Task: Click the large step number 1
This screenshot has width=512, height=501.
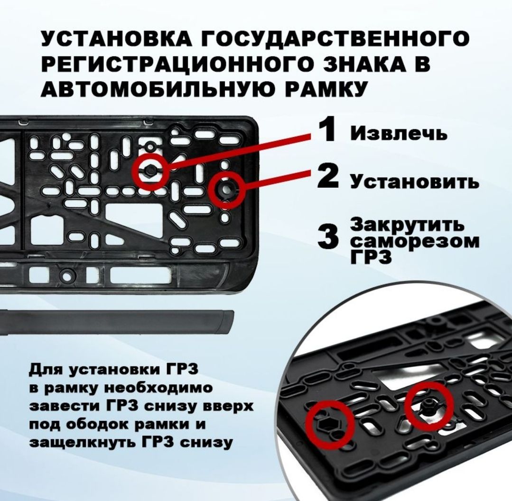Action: point(326,130)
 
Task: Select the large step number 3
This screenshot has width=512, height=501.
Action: point(328,237)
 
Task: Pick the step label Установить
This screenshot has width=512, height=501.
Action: point(415,182)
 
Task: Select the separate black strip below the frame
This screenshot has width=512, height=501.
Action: point(117,322)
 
